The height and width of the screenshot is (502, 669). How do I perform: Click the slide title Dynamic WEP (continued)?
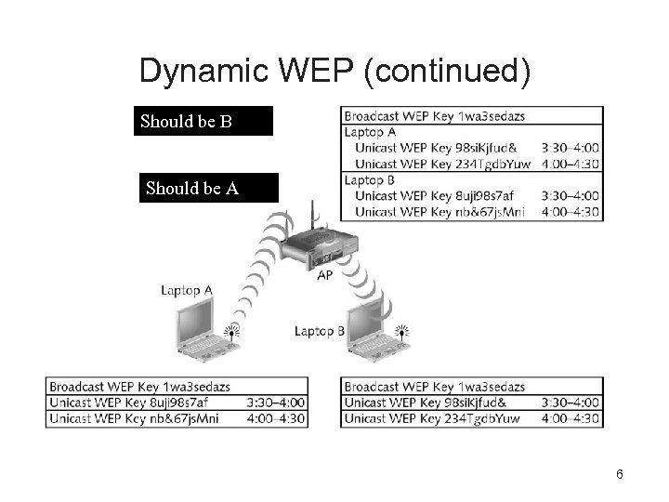pyautogui.click(x=334, y=72)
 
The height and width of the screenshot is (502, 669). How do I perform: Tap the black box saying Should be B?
pyautogui.click(x=204, y=121)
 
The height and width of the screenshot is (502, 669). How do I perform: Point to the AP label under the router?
pyautogui.click(x=325, y=275)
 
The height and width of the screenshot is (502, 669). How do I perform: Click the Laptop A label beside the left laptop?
pyautogui.click(x=186, y=290)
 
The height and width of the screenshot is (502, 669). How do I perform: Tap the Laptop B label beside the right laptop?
pyautogui.click(x=320, y=330)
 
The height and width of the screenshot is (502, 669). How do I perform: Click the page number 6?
pyautogui.click(x=619, y=475)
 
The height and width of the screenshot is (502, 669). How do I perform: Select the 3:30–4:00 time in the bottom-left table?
pyautogui.click(x=277, y=403)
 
